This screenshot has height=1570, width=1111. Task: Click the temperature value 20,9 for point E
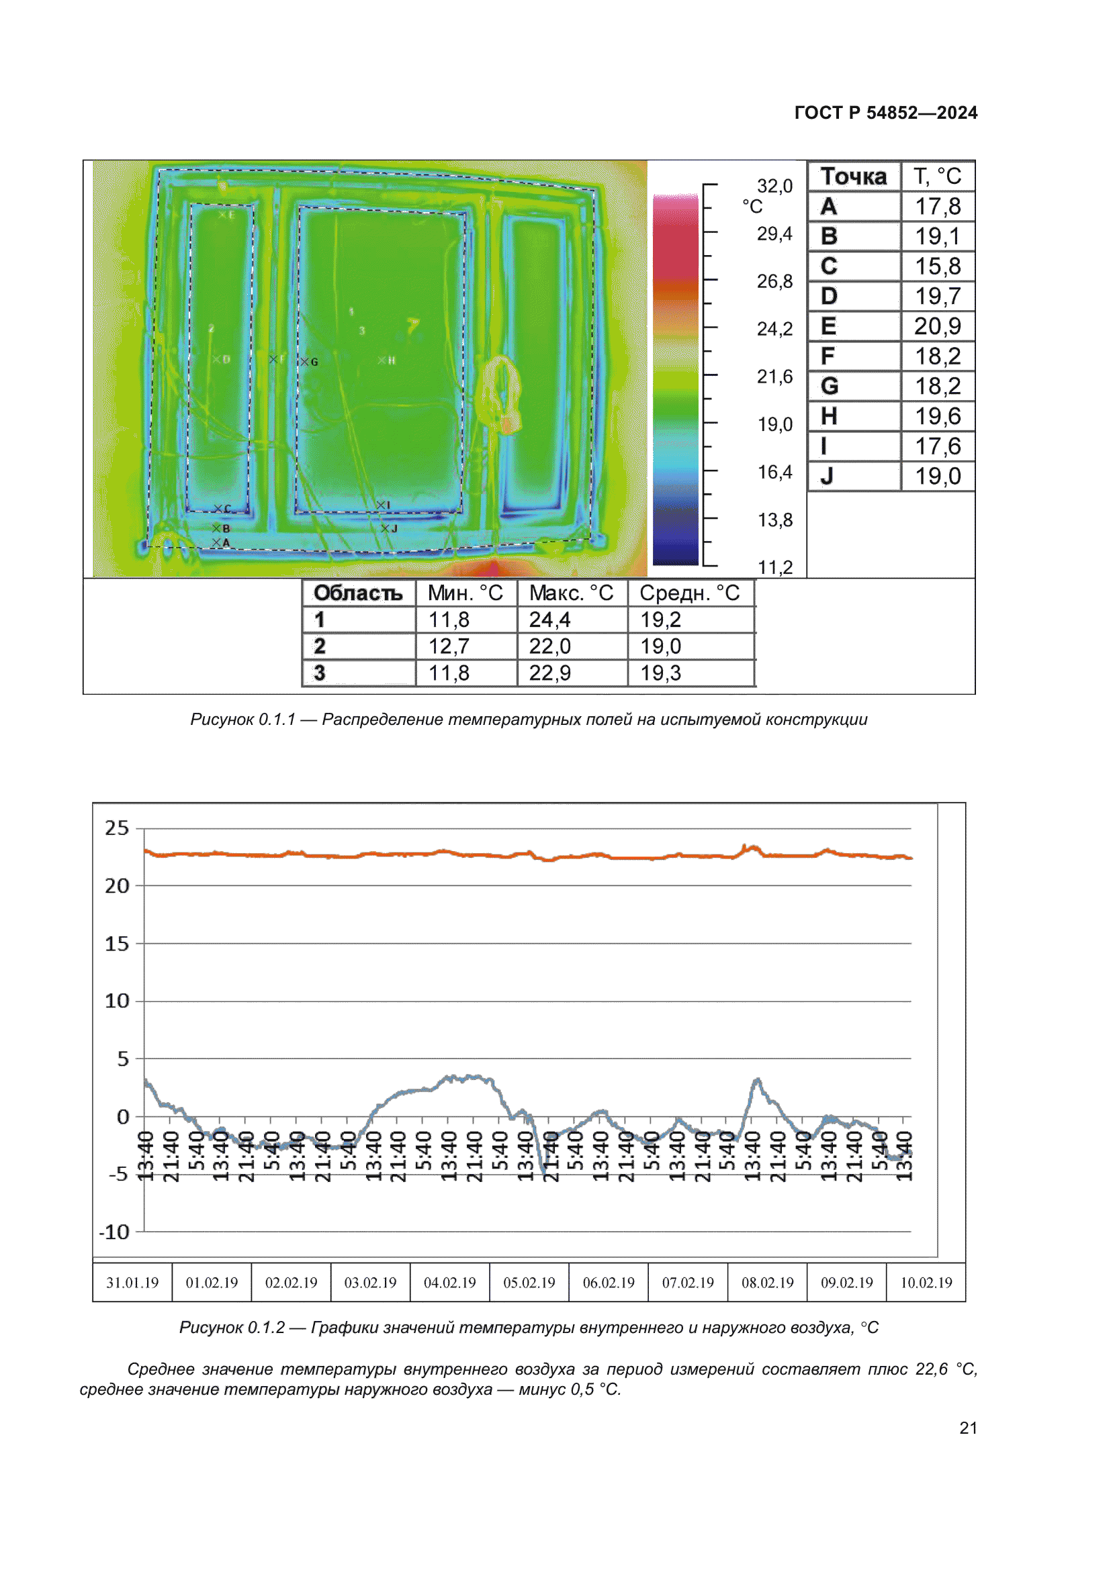click(x=937, y=326)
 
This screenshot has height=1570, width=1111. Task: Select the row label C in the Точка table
click(x=829, y=266)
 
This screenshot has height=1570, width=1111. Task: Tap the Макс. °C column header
click(x=571, y=593)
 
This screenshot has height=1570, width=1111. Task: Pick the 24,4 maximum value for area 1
click(x=549, y=620)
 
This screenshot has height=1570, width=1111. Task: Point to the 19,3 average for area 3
click(x=660, y=673)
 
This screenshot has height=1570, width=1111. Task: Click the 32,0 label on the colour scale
click(x=774, y=186)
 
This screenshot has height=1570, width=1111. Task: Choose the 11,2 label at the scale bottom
click(x=775, y=567)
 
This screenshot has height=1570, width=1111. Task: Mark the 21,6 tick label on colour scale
click(x=774, y=377)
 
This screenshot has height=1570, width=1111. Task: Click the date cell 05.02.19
click(x=529, y=1283)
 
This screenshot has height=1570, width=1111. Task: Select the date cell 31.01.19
click(x=132, y=1283)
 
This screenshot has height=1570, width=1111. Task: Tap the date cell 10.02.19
click(x=926, y=1283)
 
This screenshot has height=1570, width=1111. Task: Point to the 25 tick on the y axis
click(x=117, y=828)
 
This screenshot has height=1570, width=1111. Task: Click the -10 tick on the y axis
click(x=114, y=1232)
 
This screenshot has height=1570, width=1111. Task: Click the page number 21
click(x=968, y=1428)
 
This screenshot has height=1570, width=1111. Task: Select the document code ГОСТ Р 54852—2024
click(x=885, y=113)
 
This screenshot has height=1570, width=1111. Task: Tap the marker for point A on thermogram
click(x=216, y=542)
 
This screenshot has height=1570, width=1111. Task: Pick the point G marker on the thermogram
click(x=304, y=362)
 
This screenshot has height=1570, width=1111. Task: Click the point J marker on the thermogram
click(x=385, y=528)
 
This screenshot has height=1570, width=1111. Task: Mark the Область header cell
click(x=358, y=593)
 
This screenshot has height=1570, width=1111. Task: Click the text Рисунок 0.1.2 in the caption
click(x=232, y=1327)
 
